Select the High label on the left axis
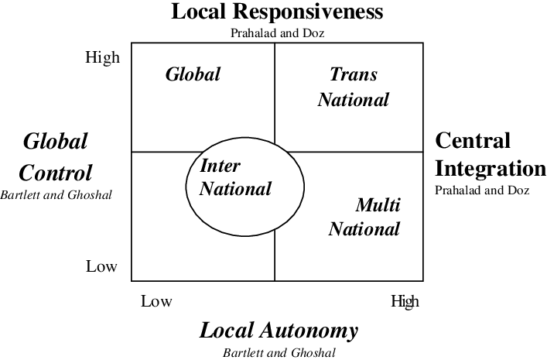[103, 57]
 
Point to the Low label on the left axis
[101, 266]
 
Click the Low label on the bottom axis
[156, 301]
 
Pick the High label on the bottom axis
[405, 301]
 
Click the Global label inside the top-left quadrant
[193, 74]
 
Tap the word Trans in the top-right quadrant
[354, 74]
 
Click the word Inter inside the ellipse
[221, 166]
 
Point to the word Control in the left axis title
[56, 173]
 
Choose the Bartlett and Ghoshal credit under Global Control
[56, 195]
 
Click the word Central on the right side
[473, 141]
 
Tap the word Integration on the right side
[491, 169]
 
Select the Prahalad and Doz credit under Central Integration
[482, 190]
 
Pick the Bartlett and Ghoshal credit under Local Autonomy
[279, 352]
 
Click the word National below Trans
[354, 100]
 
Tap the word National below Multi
[364, 229]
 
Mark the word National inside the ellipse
[236, 189]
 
